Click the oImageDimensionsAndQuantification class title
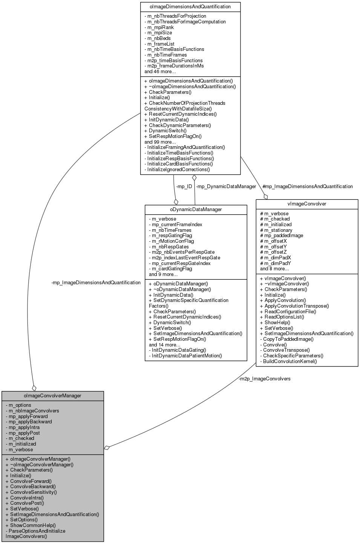tap(190, 7)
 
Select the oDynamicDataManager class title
tap(196, 209)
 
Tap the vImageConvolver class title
tap(306, 204)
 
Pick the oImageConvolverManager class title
tap(52, 395)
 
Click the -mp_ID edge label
tap(184, 186)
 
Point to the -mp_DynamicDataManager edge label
tap(226, 186)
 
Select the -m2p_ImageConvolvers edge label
tap(265, 379)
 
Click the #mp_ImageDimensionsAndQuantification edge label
tap(307, 186)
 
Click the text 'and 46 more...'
tap(160, 71)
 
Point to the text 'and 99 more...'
tap(160, 142)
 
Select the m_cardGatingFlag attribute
tap(172, 269)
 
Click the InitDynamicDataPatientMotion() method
tap(187, 356)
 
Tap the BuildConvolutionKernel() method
tap(290, 361)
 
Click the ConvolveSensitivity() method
tap(33, 492)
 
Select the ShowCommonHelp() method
tap(33, 525)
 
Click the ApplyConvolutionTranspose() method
tap(296, 306)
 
